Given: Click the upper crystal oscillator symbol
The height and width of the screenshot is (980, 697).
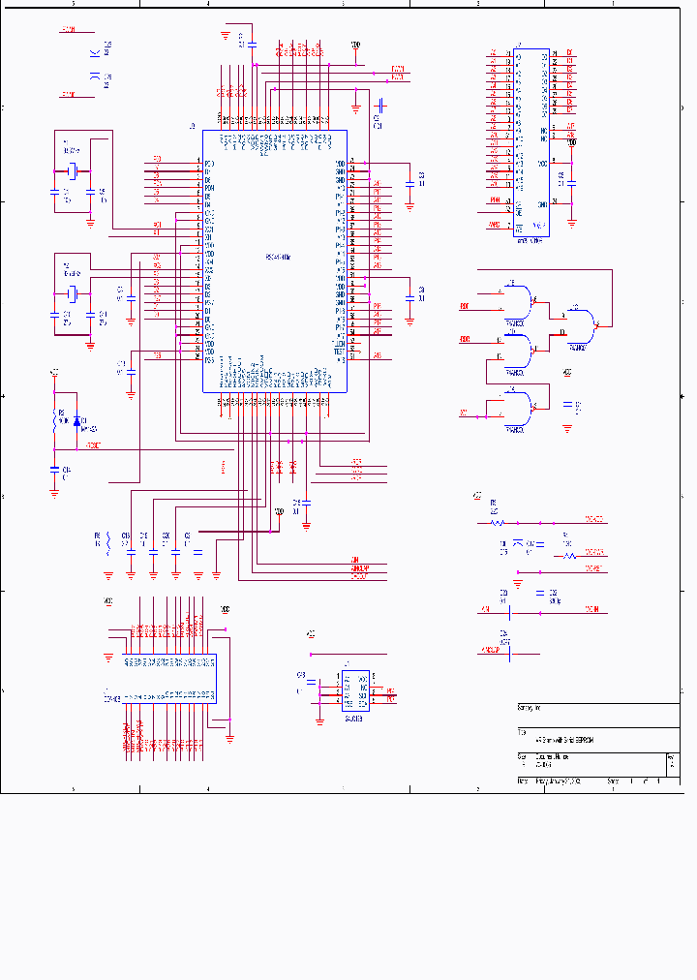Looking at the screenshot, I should (x=72, y=171).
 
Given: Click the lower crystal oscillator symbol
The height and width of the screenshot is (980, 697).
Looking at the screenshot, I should (x=72, y=291).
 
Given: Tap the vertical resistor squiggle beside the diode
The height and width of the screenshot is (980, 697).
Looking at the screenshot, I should (x=55, y=419).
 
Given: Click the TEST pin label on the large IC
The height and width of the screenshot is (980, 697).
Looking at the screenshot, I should (x=339, y=351).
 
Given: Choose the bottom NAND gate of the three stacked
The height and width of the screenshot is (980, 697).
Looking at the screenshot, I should (x=519, y=408).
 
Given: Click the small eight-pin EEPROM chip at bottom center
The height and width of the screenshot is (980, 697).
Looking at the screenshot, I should (x=353, y=691).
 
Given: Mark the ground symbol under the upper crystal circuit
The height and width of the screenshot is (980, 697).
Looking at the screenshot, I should (x=90, y=222).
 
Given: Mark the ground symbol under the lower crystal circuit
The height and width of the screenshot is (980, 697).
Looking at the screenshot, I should (x=90, y=342).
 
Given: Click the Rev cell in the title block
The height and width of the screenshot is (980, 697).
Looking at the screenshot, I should (x=672, y=761).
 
